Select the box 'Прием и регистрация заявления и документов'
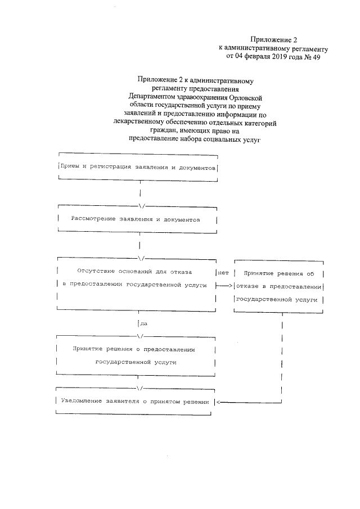pos(138,168)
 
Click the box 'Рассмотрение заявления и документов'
pos(138,219)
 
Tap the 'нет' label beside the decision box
pos(223,273)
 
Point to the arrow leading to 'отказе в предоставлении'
pos(224,286)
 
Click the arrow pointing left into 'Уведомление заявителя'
pos(220,402)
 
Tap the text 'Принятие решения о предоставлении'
pos(133,349)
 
